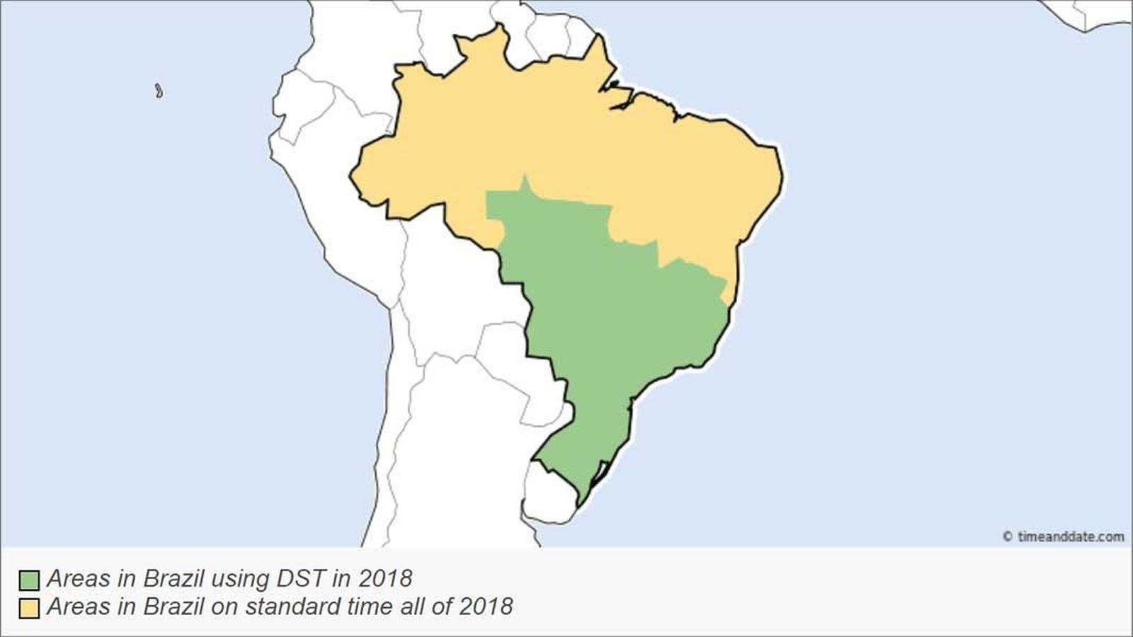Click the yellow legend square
[x=28, y=608]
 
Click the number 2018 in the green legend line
[x=385, y=579]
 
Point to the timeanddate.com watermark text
[x=1070, y=536]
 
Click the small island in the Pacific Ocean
[x=159, y=91]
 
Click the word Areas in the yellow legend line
[x=77, y=607]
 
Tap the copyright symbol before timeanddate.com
[x=1007, y=537]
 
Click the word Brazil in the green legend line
[x=171, y=579]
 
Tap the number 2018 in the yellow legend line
[x=486, y=607]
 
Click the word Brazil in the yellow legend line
[x=171, y=607]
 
